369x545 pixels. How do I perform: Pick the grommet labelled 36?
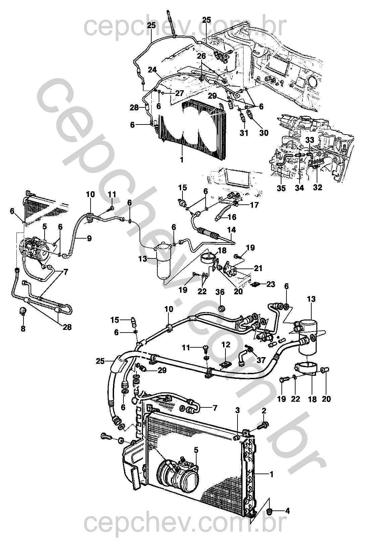(222, 309)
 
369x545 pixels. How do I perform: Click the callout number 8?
(23, 329)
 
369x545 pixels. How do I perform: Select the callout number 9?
(89, 238)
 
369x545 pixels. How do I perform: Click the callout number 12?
(226, 345)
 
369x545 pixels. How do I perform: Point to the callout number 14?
(231, 230)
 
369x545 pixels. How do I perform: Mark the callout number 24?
(153, 70)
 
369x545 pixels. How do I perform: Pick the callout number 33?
(309, 140)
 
